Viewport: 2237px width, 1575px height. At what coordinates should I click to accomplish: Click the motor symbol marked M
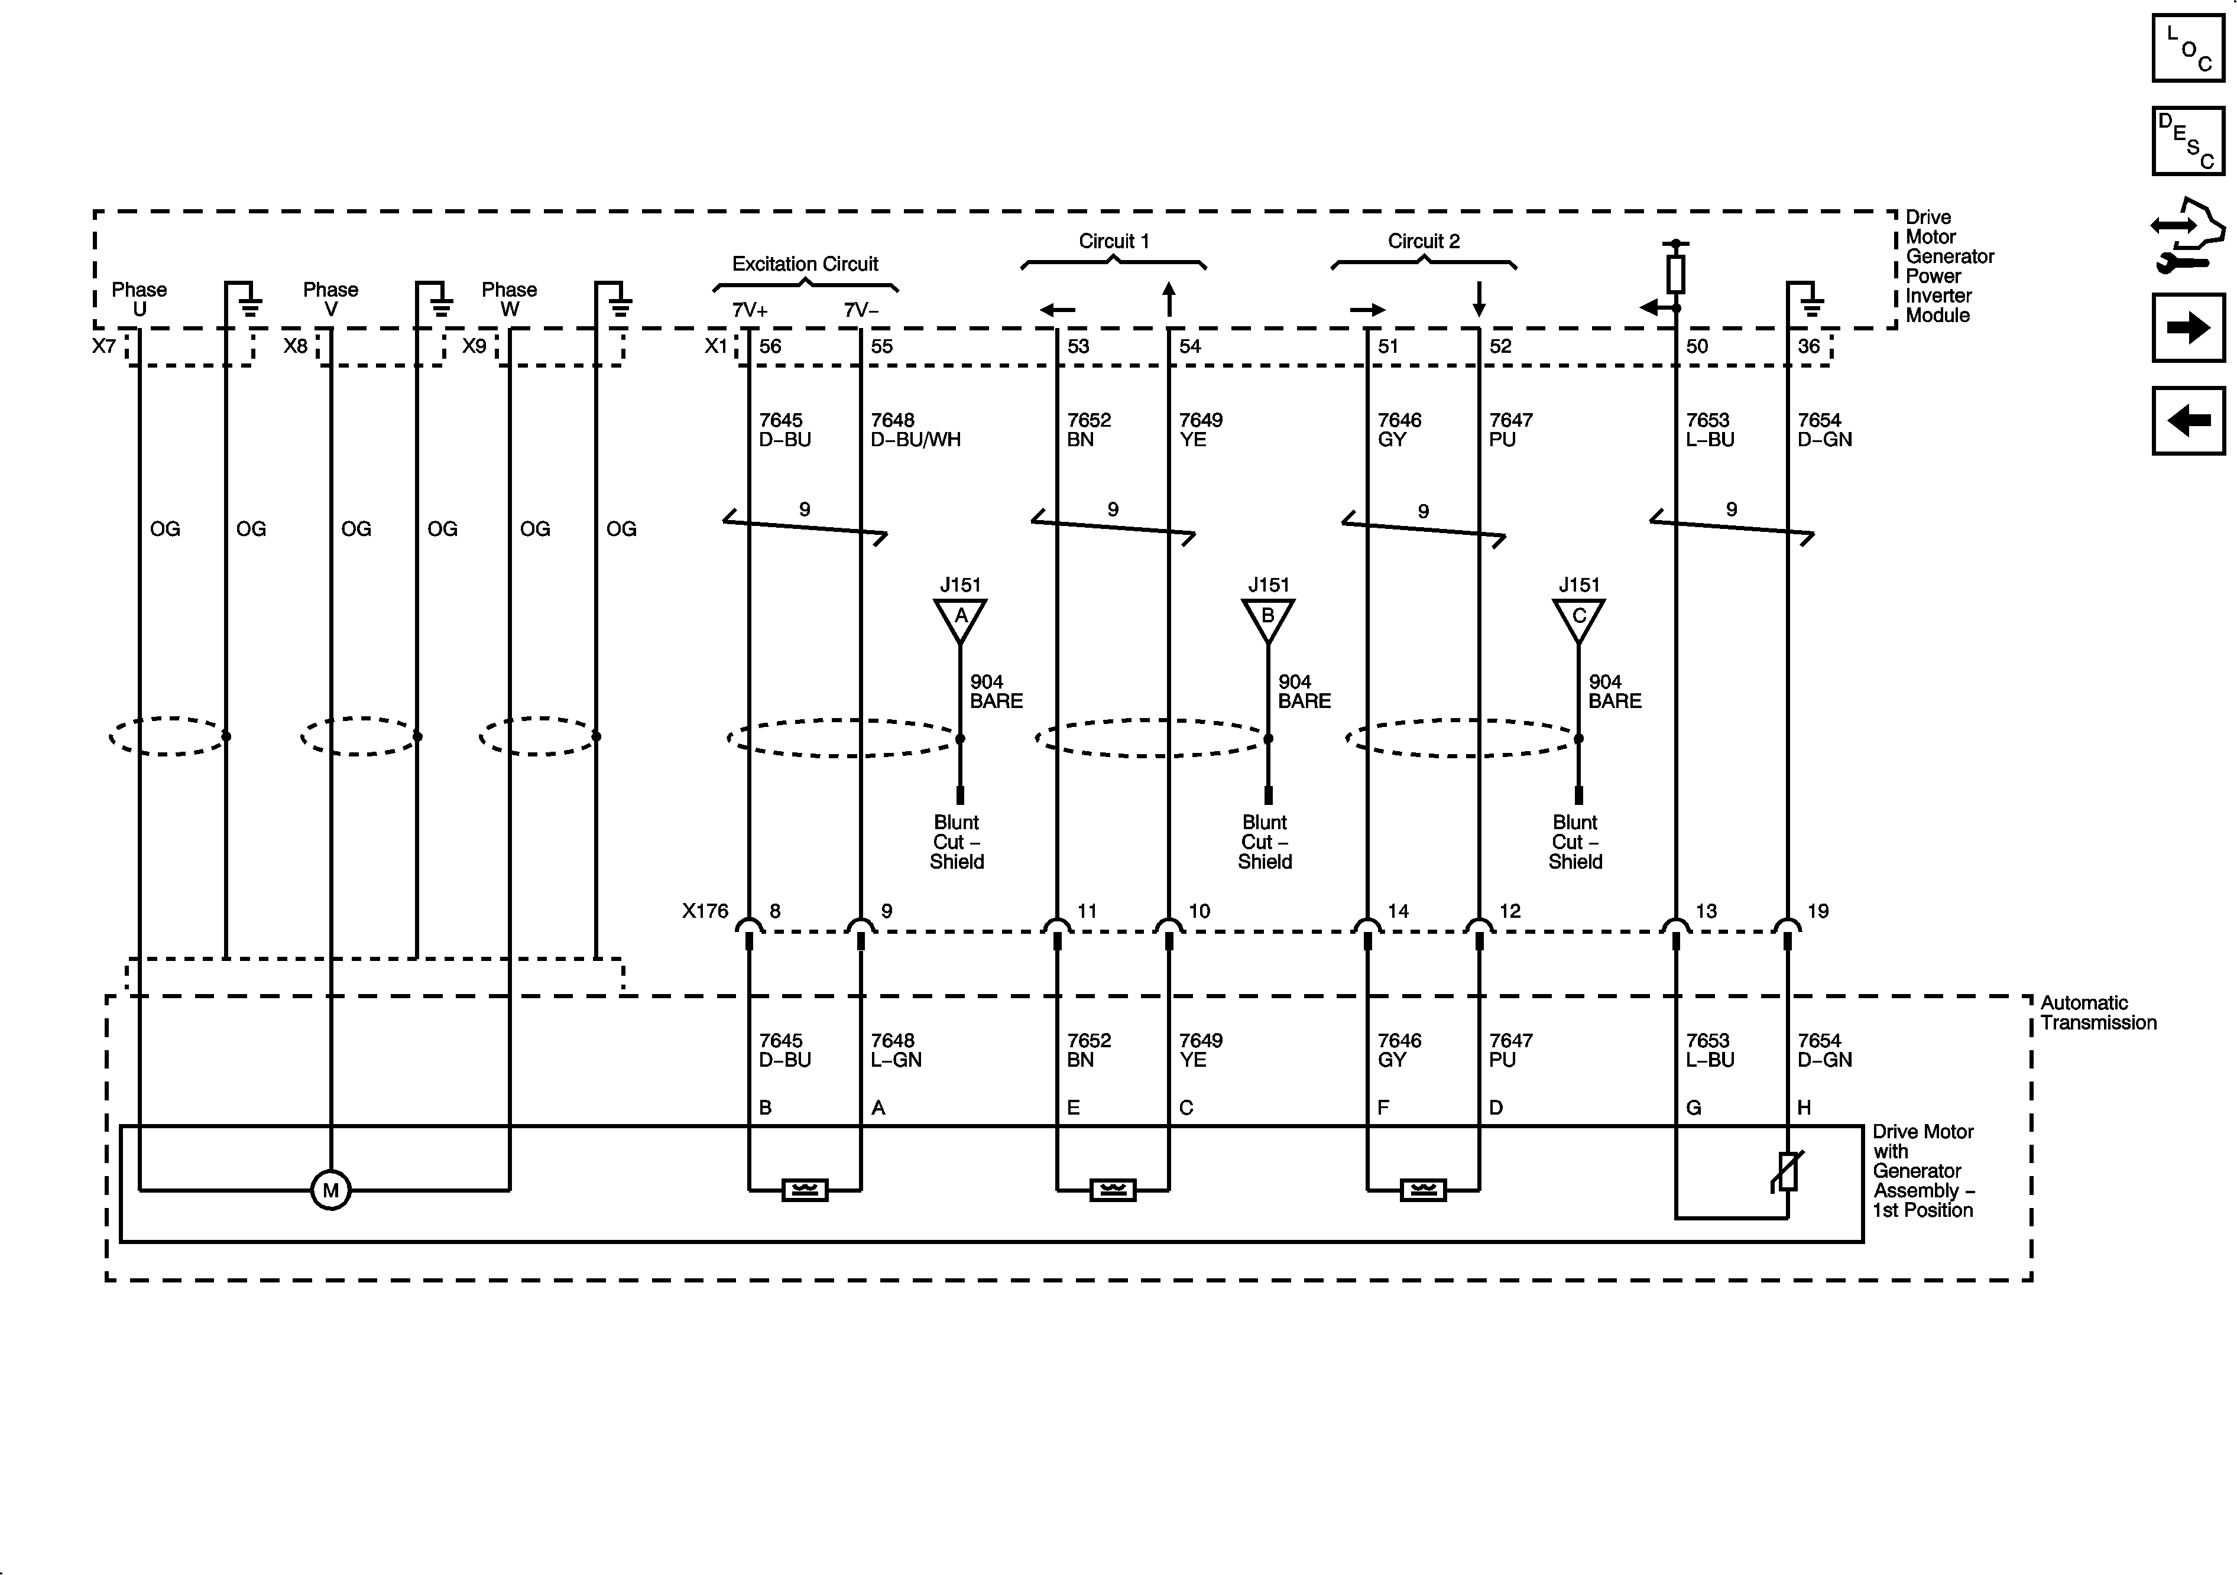[x=330, y=1189]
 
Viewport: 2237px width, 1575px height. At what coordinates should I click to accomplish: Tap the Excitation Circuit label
[x=805, y=264]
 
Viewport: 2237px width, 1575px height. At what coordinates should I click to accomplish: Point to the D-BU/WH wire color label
[x=915, y=439]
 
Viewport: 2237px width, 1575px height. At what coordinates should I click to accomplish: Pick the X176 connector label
[x=705, y=911]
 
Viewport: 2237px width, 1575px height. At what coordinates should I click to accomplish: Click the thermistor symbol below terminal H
[x=1787, y=1172]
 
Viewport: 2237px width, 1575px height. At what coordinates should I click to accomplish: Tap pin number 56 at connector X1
[x=770, y=346]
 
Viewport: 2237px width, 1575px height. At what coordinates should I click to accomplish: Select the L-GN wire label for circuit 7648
[x=896, y=1060]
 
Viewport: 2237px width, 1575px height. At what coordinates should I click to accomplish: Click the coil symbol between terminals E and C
[x=1113, y=1189]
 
